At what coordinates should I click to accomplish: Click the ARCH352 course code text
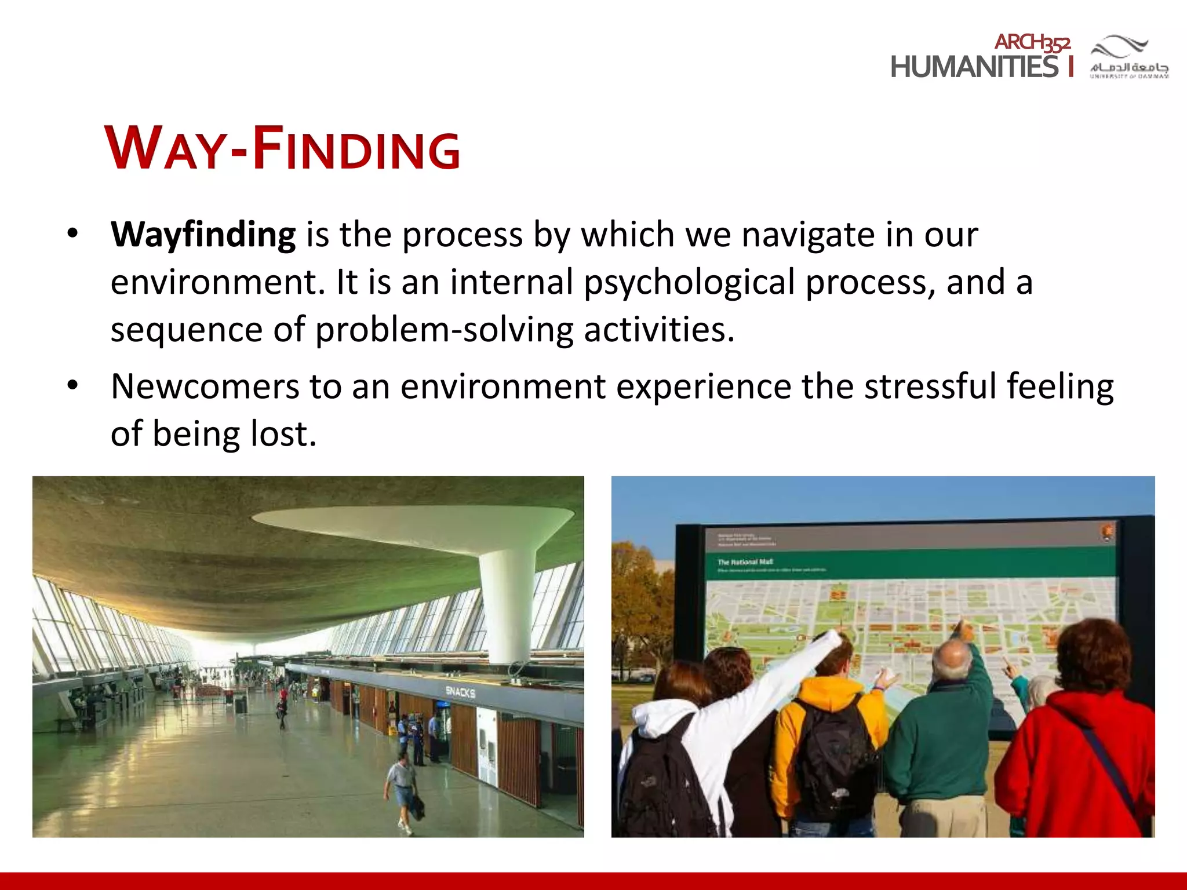pos(1032,42)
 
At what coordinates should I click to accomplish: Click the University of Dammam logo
pos(1128,57)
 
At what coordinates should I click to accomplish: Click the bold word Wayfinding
pos(203,235)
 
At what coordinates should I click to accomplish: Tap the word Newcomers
pos(205,387)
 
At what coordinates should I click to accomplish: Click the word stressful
pos(930,387)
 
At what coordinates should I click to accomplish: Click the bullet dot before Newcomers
pos(72,385)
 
